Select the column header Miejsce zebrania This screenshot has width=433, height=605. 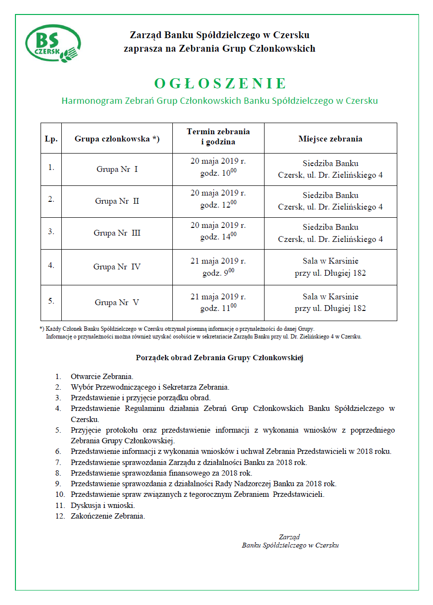330,139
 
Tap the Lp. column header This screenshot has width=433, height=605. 51,139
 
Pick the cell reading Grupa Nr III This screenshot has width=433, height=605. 117,233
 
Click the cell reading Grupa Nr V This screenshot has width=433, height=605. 117,302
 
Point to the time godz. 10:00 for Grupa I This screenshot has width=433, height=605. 218,173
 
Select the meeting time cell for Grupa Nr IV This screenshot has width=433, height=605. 218,267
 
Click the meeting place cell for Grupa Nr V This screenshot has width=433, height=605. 330,302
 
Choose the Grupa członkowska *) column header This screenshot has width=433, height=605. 117,139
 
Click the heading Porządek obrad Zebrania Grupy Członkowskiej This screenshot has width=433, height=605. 219,358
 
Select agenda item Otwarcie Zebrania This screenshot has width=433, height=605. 102,376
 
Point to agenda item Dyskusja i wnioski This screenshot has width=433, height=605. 102,505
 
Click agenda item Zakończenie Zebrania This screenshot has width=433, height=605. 108,516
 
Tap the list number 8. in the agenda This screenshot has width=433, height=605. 58,473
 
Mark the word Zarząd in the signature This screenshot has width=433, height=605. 289,536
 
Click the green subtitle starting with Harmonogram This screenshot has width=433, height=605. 219,101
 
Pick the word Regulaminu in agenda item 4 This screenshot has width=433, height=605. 144,408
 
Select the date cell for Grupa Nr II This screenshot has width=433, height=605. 218,193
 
